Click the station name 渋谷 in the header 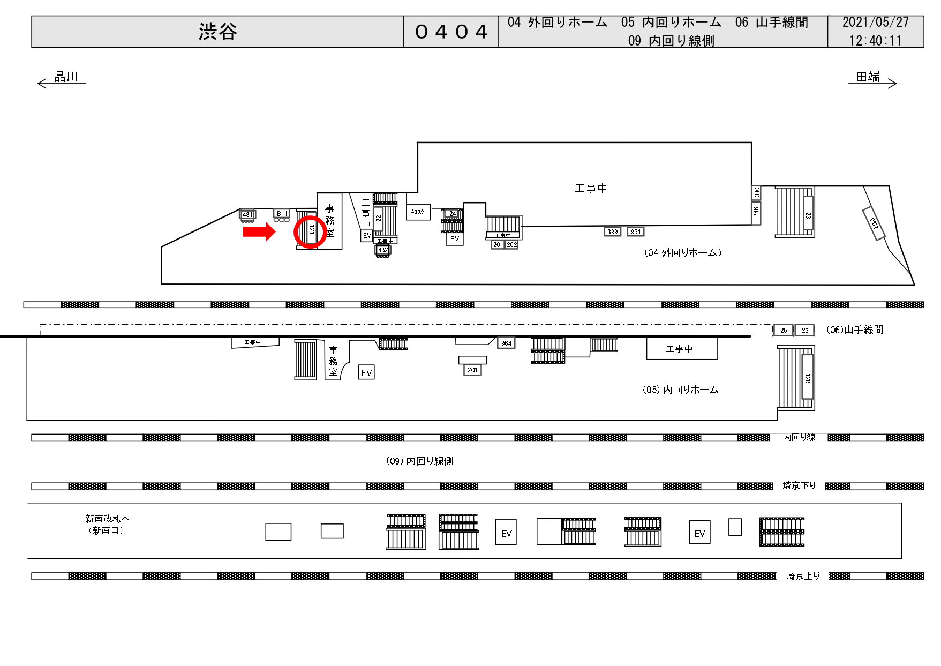pyautogui.click(x=217, y=32)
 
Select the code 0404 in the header pyautogui.click(x=451, y=32)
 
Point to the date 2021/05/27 pyautogui.click(x=875, y=23)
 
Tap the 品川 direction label pyautogui.click(x=66, y=77)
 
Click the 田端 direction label pyautogui.click(x=868, y=77)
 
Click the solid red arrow pyautogui.click(x=259, y=232)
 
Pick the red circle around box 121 pyautogui.click(x=310, y=231)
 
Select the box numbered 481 pyautogui.click(x=247, y=215)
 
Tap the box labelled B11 pyautogui.click(x=282, y=214)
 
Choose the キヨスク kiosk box pyautogui.click(x=418, y=212)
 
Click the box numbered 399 pyautogui.click(x=612, y=232)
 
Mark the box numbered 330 pyautogui.click(x=756, y=192)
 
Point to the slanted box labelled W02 pyautogui.click(x=874, y=223)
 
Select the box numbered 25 pyautogui.click(x=783, y=331)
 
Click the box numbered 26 pyautogui.click(x=804, y=331)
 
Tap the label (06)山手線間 pyautogui.click(x=855, y=330)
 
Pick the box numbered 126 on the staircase pyautogui.click(x=807, y=378)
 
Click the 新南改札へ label pyautogui.click(x=107, y=519)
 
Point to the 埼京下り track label pyautogui.click(x=799, y=486)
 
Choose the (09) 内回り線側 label pyautogui.click(x=419, y=461)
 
